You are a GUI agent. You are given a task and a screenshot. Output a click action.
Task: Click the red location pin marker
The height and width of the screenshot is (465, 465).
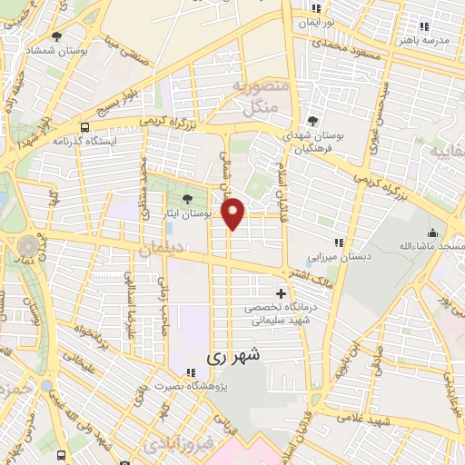(x=234, y=213)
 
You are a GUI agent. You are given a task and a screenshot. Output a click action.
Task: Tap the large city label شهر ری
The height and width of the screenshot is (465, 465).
(x=233, y=357)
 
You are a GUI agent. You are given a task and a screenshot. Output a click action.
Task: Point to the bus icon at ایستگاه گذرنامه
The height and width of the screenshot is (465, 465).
(x=84, y=128)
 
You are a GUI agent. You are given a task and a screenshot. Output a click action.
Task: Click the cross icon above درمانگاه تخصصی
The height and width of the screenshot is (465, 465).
(x=281, y=293)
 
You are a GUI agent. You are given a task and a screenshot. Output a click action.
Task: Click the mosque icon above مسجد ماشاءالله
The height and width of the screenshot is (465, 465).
(x=433, y=232)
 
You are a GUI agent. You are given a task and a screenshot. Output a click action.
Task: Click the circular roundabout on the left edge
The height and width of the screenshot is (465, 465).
(x=27, y=246)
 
